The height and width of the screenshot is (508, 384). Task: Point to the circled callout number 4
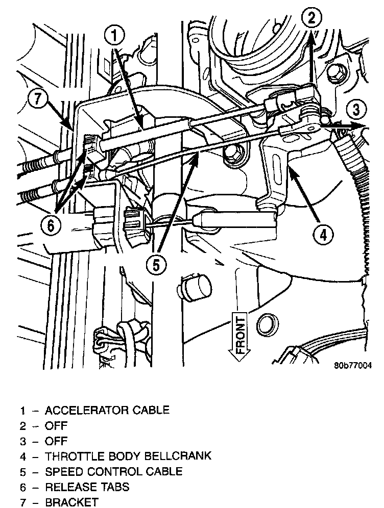pyautogui.click(x=324, y=235)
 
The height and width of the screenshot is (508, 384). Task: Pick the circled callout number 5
pyautogui.click(x=157, y=264)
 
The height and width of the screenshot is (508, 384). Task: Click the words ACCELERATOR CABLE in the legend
pyautogui.click(x=107, y=410)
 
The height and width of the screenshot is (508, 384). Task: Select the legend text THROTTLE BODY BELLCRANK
pyautogui.click(x=128, y=456)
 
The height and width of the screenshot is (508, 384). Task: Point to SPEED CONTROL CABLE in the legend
pyautogui.click(x=113, y=471)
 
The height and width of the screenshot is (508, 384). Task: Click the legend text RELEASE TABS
pyautogui.click(x=87, y=487)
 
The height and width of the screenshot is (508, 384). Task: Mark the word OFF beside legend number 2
pyautogui.click(x=56, y=425)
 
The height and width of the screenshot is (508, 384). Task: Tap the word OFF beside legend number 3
pyautogui.click(x=56, y=441)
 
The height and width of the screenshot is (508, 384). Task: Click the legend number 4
pyautogui.click(x=23, y=456)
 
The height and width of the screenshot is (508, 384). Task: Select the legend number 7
pyautogui.click(x=23, y=502)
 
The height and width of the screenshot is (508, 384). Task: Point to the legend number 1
pyautogui.click(x=23, y=410)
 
